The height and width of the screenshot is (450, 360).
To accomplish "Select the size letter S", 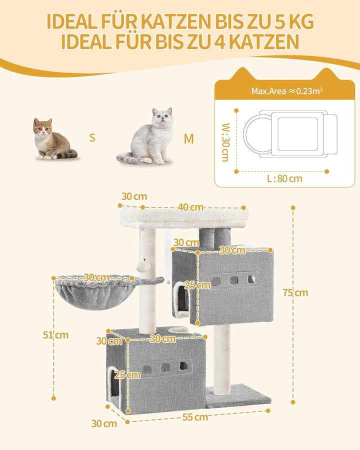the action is point(92,138).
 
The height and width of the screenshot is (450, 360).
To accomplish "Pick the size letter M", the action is point(188,139).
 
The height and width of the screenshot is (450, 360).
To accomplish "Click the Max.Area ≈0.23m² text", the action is point(287,91).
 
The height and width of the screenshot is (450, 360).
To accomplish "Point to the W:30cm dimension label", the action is point(226,142).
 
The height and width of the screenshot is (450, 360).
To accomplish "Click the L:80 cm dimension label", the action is point(284,178).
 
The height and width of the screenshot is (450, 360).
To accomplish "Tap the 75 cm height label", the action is point(295,292).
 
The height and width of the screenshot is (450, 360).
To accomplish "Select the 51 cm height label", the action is point(55,335).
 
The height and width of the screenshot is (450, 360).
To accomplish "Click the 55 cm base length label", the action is point(195,417).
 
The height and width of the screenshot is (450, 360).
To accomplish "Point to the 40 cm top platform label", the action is point(190,207).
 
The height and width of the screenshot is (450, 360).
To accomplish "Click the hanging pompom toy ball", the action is point(143,266).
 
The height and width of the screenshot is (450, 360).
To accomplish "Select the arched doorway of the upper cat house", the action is point(181,299).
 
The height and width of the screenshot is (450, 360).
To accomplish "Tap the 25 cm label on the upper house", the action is point(197,285).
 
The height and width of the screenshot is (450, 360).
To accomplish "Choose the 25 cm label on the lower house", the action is point(127,375).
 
